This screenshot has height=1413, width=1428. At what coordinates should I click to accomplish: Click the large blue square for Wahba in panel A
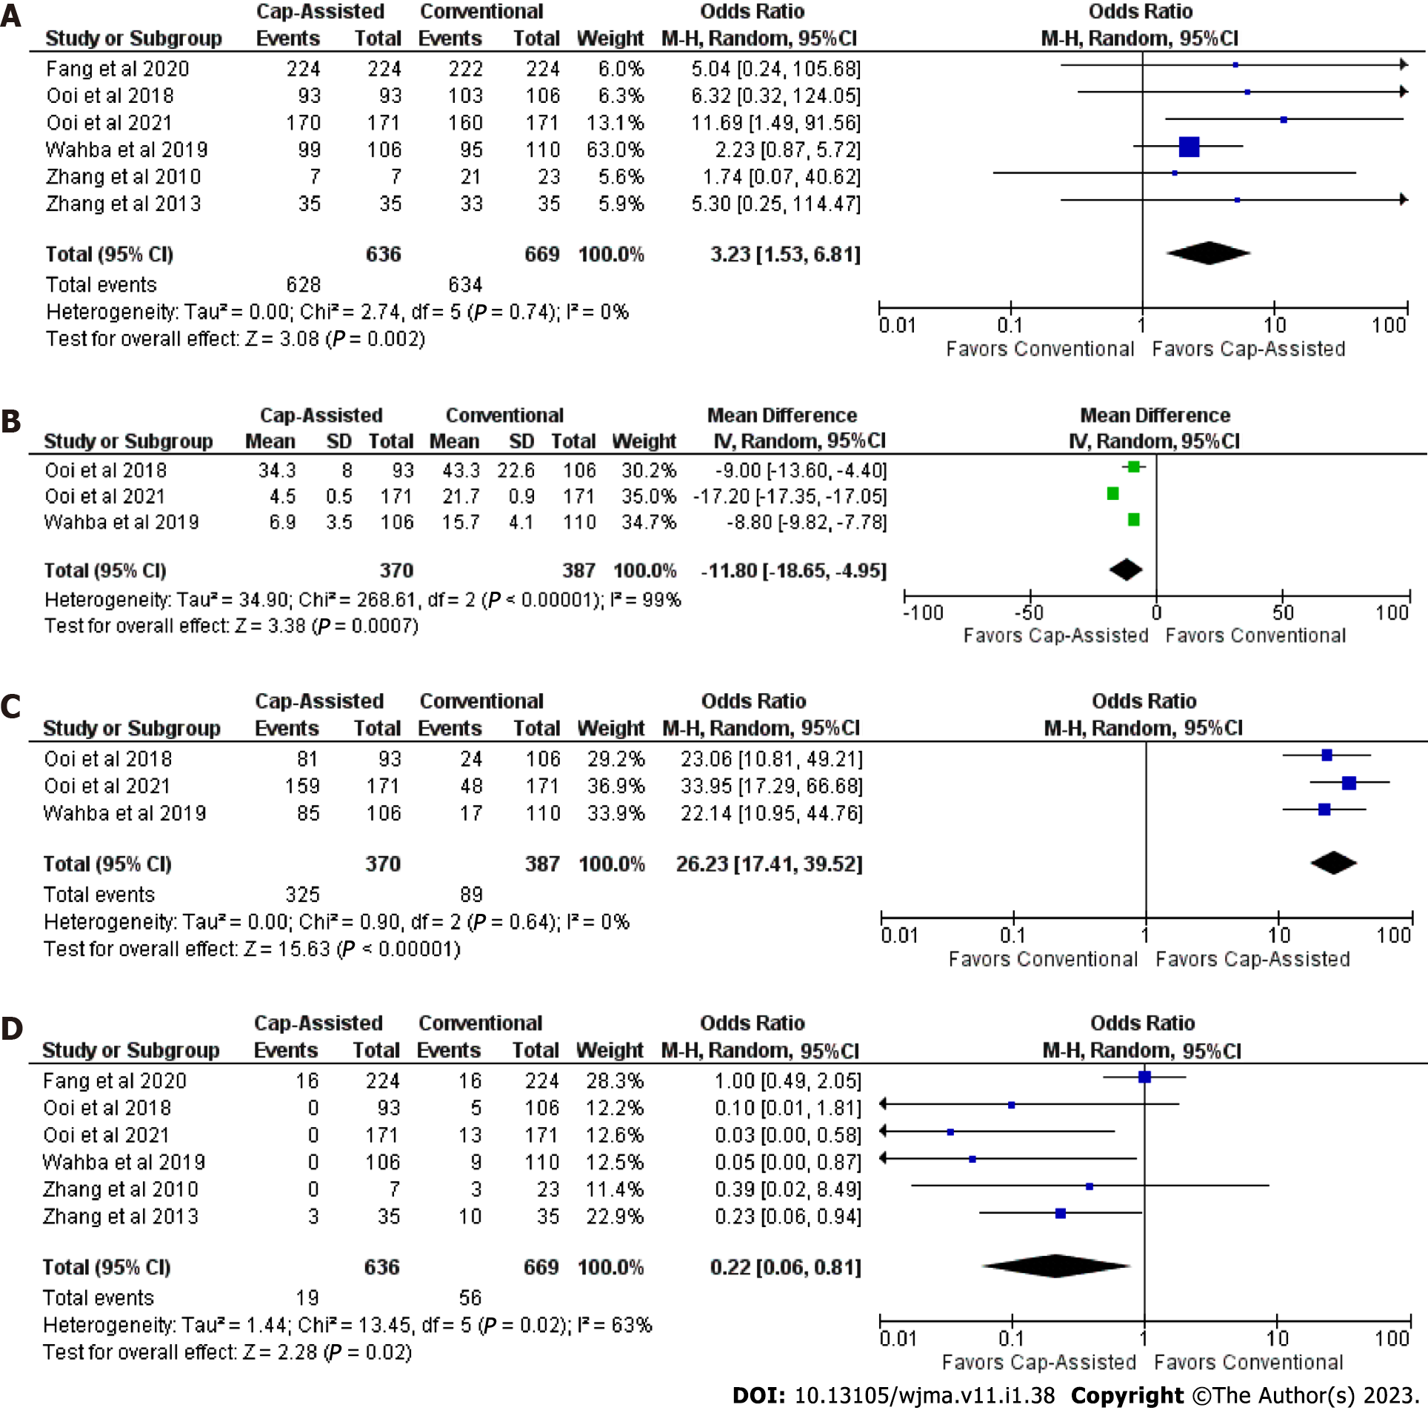[1189, 147]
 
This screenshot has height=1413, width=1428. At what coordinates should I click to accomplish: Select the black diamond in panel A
[1208, 253]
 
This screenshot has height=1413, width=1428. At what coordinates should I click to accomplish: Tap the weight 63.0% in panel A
[615, 150]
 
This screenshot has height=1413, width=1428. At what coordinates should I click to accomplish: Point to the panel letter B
[11, 421]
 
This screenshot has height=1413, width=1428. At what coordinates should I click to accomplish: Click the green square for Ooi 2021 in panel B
[1112, 493]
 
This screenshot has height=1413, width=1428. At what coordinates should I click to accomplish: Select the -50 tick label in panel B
[1029, 612]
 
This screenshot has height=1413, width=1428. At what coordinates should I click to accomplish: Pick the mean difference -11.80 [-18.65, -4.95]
[793, 570]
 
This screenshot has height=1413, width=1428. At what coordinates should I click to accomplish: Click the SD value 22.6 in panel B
[516, 470]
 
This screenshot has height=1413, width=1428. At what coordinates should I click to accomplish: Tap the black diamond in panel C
[1333, 863]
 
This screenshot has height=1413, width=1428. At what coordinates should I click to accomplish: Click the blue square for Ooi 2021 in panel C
[1349, 783]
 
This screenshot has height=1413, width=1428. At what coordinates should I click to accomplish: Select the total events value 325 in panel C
[303, 895]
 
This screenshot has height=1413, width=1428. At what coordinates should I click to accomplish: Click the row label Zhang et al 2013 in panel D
[121, 1216]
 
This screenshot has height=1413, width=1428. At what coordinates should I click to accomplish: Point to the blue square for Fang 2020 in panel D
[1144, 1077]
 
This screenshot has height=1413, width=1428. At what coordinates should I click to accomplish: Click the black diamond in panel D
[1056, 1266]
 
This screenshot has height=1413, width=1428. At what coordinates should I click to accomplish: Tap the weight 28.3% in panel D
[615, 1080]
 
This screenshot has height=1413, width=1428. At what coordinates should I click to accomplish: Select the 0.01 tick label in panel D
[898, 1338]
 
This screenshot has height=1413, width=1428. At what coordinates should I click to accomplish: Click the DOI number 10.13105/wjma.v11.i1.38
[924, 1396]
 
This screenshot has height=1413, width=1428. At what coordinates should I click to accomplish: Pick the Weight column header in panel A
[610, 39]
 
